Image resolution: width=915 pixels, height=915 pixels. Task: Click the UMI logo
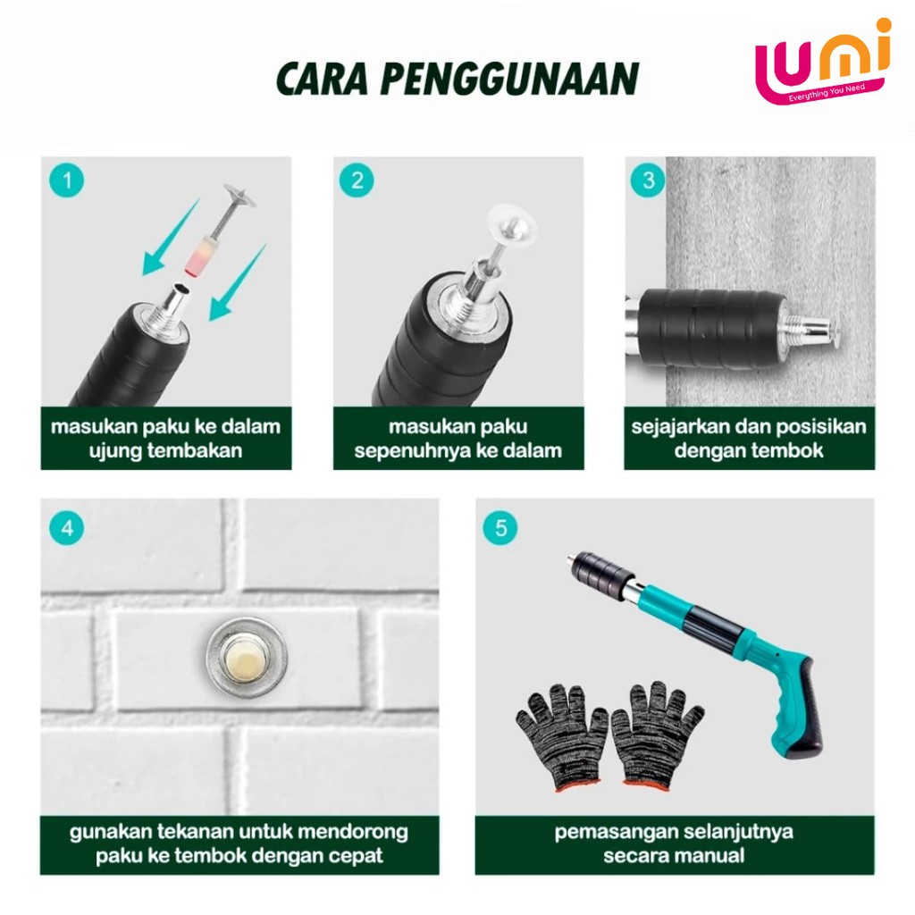pyautogui.click(x=823, y=63)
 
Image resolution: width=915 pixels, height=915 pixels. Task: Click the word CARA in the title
pyautogui.click(x=322, y=79)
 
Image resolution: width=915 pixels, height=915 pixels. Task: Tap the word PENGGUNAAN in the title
pyautogui.click(x=510, y=79)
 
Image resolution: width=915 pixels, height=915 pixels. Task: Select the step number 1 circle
pyautogui.click(x=66, y=180)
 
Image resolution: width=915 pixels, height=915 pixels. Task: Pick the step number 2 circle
pyautogui.click(x=357, y=180)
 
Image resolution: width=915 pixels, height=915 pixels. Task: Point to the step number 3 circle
pyautogui.click(x=649, y=180)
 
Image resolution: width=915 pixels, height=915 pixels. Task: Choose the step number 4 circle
pyautogui.click(x=66, y=528)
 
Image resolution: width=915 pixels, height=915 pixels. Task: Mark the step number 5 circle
pyautogui.click(x=500, y=528)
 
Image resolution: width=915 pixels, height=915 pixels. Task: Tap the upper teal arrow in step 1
pyautogui.click(x=171, y=238)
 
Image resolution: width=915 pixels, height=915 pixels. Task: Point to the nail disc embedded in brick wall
pyautogui.click(x=247, y=658)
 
